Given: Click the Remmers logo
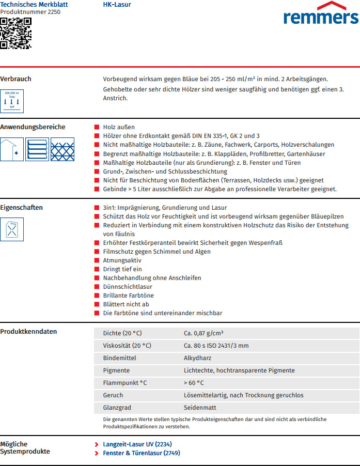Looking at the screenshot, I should pyautogui.click(x=320, y=14).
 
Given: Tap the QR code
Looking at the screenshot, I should pyautogui.click(x=15, y=33).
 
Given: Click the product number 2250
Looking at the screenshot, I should pyautogui.click(x=30, y=12).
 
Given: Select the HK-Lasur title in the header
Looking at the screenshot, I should pyautogui.click(x=117, y=5).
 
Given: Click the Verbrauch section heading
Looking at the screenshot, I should pyautogui.click(x=15, y=79).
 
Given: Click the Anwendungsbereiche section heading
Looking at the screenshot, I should pyautogui.click(x=33, y=127).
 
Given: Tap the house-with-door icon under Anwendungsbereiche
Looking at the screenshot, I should pyautogui.click(x=12, y=149).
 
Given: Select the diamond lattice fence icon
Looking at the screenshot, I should pyautogui.click(x=62, y=149).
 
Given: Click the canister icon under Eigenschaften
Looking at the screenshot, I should pyautogui.click(x=12, y=229).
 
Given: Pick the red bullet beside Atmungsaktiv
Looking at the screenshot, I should pyautogui.click(x=97, y=260).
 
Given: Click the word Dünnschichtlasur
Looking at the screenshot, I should pyautogui.click(x=128, y=287).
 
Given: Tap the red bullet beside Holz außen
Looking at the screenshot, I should pyautogui.click(x=97, y=127).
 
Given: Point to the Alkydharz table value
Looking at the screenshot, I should pyautogui.click(x=197, y=358).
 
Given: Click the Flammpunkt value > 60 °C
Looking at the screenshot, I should pyautogui.click(x=194, y=383).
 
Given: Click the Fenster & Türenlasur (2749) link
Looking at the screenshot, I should pyautogui.click(x=141, y=453).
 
